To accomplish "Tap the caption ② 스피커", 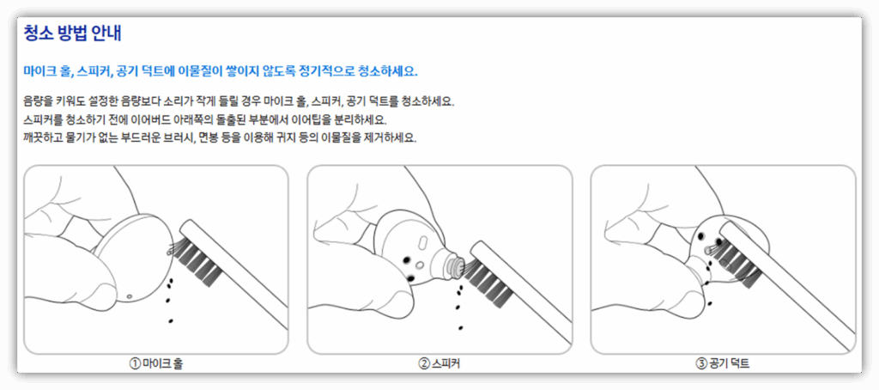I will click(x=439, y=363).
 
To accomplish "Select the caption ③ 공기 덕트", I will click(x=723, y=363).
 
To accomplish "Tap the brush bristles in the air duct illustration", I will click(x=736, y=253).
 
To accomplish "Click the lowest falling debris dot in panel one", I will click(x=171, y=320).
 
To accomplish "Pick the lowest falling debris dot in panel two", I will click(x=461, y=327).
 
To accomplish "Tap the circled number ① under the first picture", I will click(x=135, y=363).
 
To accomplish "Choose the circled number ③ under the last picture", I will click(x=700, y=363).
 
